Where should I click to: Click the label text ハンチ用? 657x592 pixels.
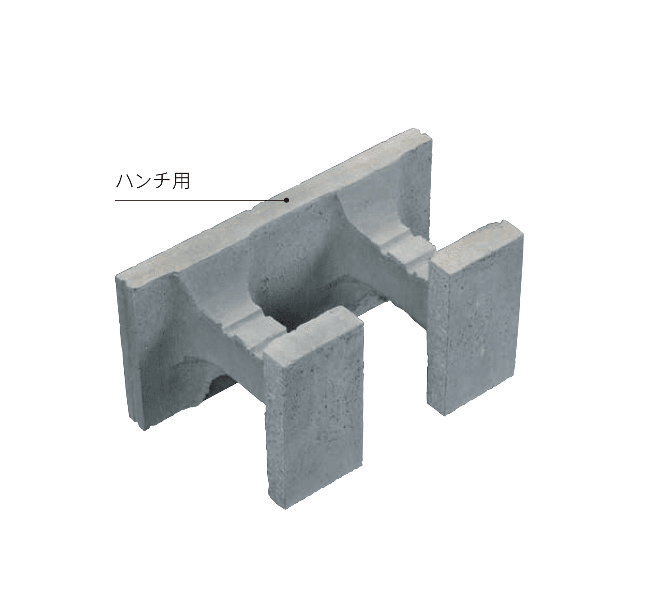click(153, 181)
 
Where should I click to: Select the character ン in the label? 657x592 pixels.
click(143, 181)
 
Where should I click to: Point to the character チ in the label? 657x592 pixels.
click(162, 181)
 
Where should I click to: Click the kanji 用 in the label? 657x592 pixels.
click(181, 181)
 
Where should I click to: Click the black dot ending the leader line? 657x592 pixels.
click(286, 200)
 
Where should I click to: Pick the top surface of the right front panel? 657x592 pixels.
click(475, 244)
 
